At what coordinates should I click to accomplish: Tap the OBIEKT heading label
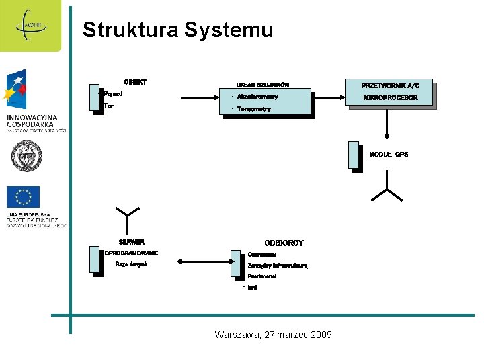point(135,82)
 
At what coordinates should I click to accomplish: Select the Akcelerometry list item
point(257,97)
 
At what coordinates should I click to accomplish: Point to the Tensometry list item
point(254,109)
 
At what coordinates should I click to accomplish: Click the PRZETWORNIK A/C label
point(390,86)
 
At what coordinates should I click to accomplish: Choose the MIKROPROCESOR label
point(390,98)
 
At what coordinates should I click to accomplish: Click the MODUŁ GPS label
point(389,155)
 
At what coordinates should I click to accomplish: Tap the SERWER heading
point(132,242)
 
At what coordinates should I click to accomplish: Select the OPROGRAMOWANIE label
point(131,253)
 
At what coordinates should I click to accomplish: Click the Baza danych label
point(131,264)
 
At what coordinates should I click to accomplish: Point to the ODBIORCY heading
point(284,243)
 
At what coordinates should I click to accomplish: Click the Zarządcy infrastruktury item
point(277,266)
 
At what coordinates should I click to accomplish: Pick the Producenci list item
point(262,276)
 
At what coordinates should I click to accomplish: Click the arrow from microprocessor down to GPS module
point(387,124)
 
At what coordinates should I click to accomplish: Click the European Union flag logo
point(24,197)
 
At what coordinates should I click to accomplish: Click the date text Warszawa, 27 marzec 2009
point(273,335)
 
